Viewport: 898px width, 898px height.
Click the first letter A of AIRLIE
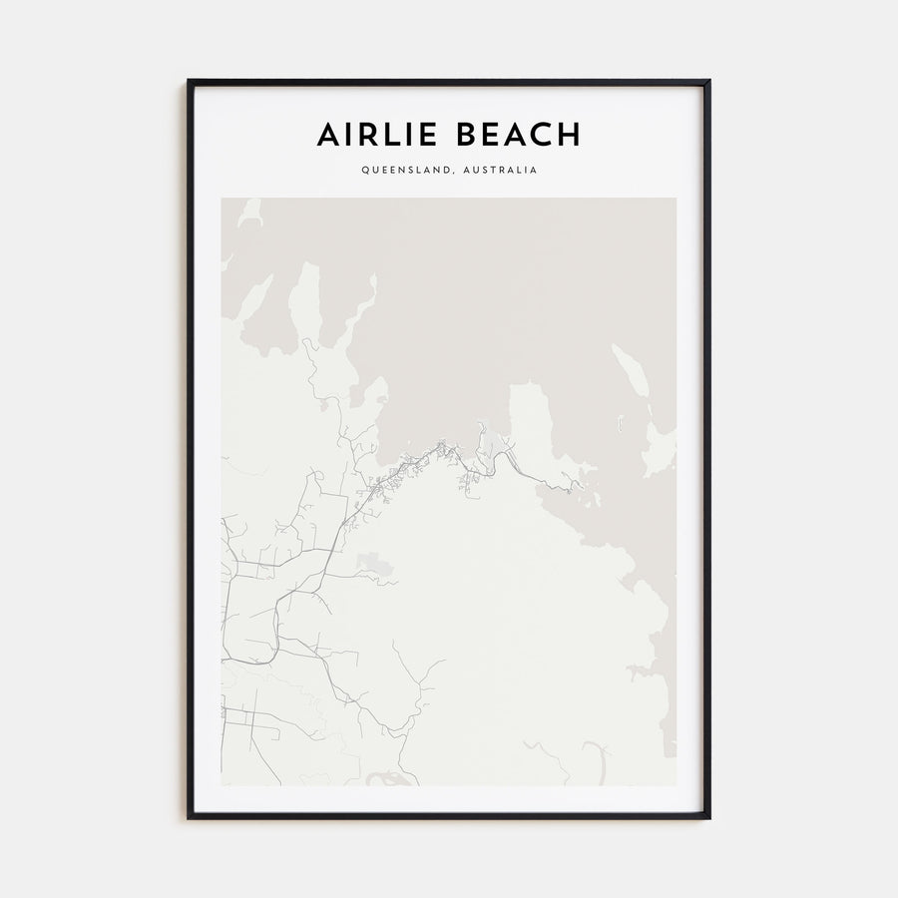[327, 135]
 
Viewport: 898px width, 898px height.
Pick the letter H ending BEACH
[568, 135]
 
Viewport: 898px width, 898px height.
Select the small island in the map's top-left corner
[248, 212]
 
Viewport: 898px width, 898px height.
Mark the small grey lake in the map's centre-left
[374, 567]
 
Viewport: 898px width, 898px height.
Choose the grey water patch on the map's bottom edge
[384, 778]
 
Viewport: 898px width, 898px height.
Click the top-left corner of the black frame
[189, 81]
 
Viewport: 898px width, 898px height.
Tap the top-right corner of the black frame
[709, 81]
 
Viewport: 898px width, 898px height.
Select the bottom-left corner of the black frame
[189, 818]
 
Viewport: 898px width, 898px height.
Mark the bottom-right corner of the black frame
[709, 818]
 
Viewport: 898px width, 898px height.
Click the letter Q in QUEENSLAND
[365, 170]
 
